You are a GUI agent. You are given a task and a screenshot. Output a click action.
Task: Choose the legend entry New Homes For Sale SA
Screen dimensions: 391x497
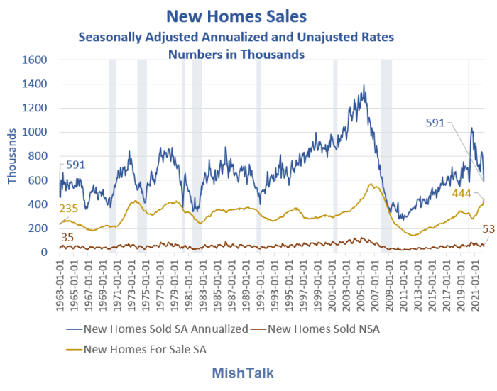146,348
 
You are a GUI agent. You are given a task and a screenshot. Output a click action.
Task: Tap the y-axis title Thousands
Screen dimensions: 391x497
12,156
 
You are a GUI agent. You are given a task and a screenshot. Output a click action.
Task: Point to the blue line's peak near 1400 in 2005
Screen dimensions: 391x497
364,86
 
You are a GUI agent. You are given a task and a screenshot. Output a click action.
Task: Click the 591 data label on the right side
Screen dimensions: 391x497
435,122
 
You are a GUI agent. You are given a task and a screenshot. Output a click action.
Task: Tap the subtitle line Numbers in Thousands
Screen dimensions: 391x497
236,53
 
